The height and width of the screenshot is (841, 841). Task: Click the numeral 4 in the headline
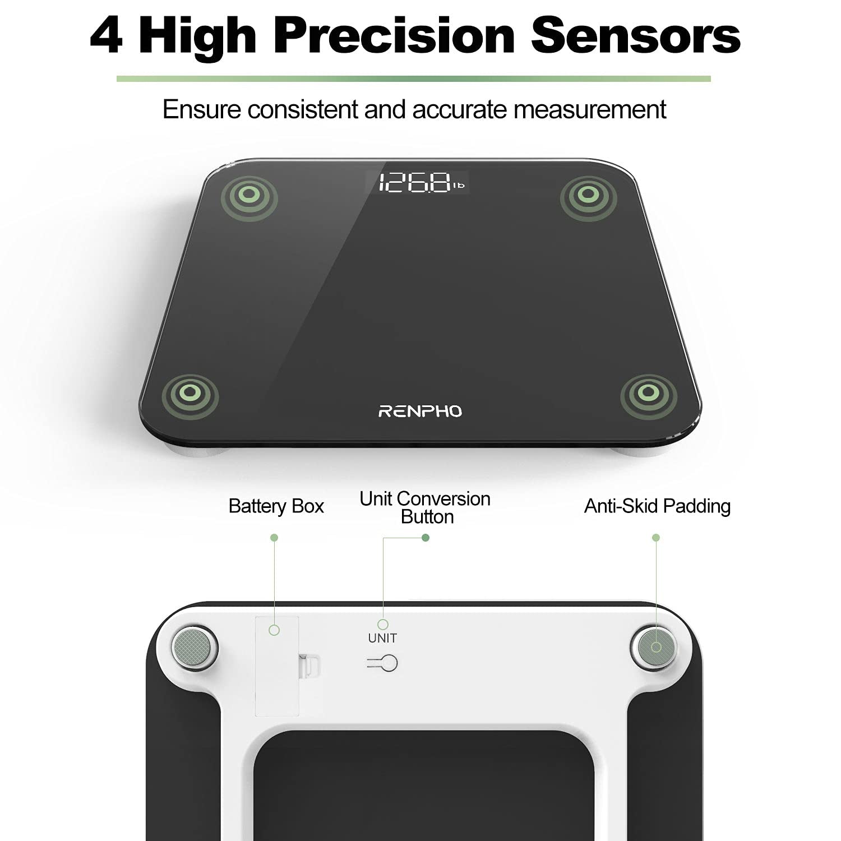coord(107,36)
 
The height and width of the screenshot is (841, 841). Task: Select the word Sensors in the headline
coord(636,36)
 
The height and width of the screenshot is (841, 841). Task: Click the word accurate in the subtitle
coord(460,109)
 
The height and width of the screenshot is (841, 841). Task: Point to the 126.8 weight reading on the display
coord(415,183)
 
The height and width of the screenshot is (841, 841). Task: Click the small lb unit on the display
coord(459,185)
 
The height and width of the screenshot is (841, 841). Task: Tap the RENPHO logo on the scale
coord(420,412)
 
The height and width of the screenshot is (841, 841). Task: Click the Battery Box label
coord(276,506)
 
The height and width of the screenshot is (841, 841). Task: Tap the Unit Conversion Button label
coord(425,507)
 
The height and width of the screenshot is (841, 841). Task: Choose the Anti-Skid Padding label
coord(657,506)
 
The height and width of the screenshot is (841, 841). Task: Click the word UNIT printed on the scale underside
coord(382,638)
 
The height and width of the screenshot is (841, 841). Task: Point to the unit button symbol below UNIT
coord(383,663)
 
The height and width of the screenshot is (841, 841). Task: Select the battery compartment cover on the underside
coord(277,666)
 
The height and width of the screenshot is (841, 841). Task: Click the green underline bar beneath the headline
coord(413,79)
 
